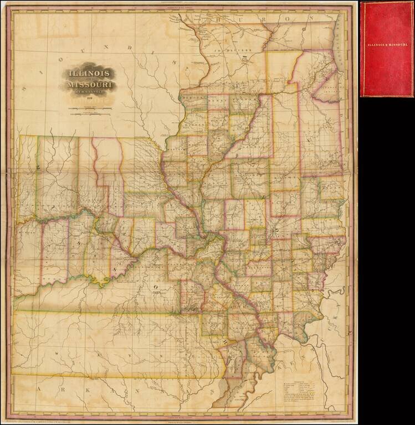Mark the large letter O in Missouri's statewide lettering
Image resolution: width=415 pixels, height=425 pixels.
(157, 286)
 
